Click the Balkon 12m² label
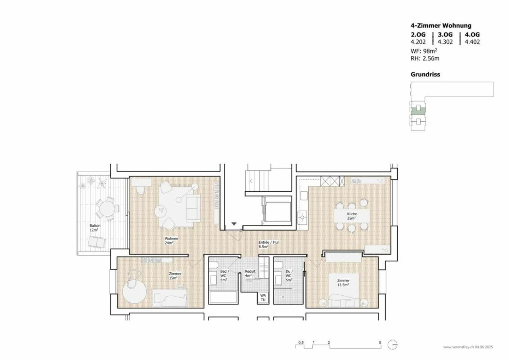tap(95, 228)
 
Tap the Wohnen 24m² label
tap(171, 241)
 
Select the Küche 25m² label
tap(352, 216)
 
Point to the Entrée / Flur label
tap(269, 244)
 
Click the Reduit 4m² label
tap(250, 274)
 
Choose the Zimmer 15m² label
tap(175, 276)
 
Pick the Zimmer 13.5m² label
tap(343, 283)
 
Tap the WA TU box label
tap(263, 298)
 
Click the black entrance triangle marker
tap(234, 224)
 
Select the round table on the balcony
tap(107, 209)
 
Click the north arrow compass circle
tap(392, 345)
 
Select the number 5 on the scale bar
tap(380, 342)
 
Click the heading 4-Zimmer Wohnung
tap(441, 25)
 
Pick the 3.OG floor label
tap(445, 35)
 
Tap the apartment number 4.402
tap(472, 42)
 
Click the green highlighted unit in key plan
tap(418, 111)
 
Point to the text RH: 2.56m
tap(425, 59)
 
